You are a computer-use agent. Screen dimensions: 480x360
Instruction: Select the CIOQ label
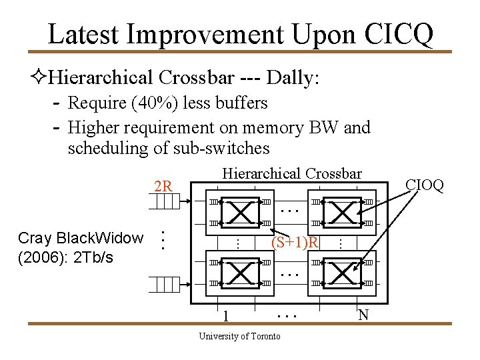point(425,185)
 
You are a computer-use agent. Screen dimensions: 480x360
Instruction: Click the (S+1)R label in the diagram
point(295,241)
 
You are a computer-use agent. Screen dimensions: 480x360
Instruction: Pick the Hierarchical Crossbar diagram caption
point(292,173)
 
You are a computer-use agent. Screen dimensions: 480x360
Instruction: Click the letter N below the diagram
point(363,314)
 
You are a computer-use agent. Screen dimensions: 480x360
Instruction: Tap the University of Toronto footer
point(240,336)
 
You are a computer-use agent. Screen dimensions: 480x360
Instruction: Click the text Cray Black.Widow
point(81,238)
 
